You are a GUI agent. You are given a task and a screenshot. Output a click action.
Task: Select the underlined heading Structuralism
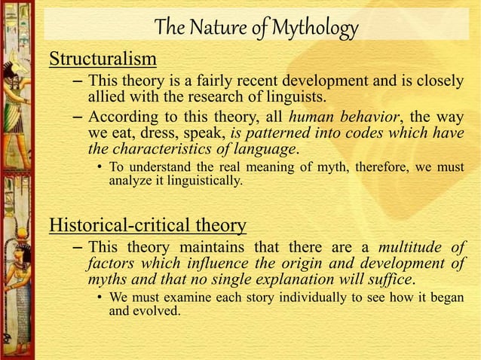103,59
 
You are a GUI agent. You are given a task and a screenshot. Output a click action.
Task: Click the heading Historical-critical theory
147,224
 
